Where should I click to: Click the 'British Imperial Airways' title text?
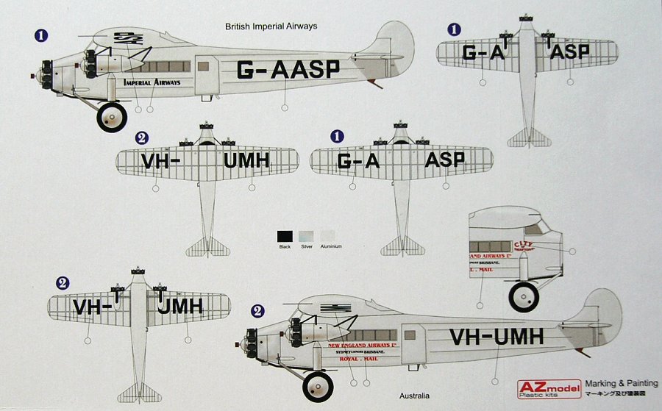(271, 26)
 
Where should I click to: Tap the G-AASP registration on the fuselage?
(288, 71)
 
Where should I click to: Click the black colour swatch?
(285, 236)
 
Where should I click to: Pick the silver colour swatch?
(306, 236)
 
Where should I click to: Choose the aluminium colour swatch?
(327, 236)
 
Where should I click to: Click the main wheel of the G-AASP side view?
(113, 118)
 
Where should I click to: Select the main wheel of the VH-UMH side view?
(317, 387)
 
